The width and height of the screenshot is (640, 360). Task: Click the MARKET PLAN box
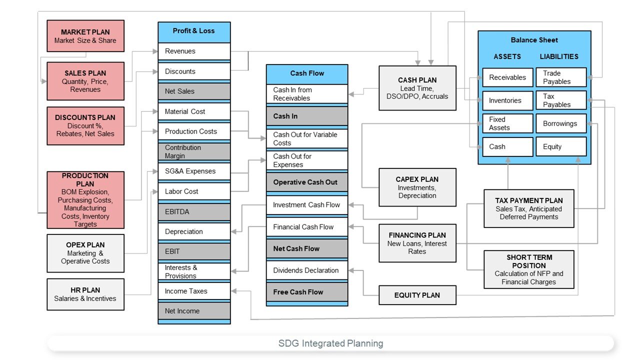85,36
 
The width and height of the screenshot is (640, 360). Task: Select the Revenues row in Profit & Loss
194,51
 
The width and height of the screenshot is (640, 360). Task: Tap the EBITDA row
194,211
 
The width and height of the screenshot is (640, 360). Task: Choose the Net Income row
194,311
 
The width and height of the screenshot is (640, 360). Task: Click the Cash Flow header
307,73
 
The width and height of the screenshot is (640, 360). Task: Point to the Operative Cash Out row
307,182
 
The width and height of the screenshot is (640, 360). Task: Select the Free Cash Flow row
307,292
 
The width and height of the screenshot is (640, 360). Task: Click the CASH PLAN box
417,88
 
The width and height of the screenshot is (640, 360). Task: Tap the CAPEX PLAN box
417,187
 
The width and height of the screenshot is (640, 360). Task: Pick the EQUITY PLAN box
417,295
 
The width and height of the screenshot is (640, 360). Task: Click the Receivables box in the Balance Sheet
507,77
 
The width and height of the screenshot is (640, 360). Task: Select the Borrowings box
560,123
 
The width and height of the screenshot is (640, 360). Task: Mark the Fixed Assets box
507,123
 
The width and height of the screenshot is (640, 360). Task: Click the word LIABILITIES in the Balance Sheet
559,56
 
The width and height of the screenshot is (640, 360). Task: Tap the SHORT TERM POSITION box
529,269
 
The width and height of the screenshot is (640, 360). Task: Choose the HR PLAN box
85,294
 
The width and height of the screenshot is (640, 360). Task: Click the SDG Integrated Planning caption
330,343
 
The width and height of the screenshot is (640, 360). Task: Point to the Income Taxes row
194,291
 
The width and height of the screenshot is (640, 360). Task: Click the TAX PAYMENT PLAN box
529,208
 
